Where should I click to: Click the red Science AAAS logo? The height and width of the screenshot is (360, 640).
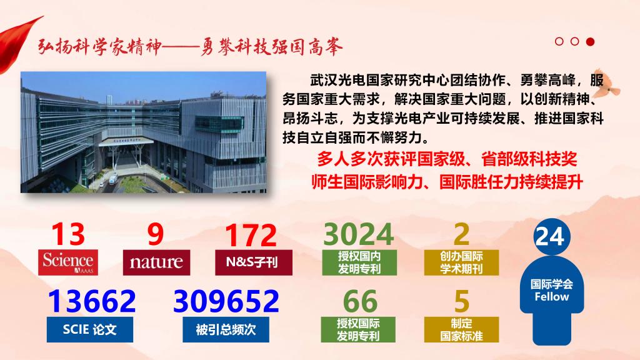coord(68,262)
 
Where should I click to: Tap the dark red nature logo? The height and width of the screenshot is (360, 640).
coord(156,262)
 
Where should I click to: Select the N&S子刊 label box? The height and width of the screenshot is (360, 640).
coord(254,262)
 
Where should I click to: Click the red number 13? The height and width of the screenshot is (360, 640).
coord(68,234)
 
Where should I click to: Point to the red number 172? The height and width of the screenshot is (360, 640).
coord(251,235)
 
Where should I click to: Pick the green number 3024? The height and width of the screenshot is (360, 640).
coord(358,234)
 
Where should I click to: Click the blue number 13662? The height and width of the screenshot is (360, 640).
coord(92,301)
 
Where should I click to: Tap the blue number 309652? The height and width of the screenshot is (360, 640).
coord(226,301)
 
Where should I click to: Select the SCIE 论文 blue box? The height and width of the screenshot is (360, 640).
coord(90,329)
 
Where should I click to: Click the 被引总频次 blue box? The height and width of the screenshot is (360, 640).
coord(226,329)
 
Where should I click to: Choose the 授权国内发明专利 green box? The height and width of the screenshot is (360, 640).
coord(359,262)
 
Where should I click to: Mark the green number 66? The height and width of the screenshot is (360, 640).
coord(360,302)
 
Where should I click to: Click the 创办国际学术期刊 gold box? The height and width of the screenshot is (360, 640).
coord(461,262)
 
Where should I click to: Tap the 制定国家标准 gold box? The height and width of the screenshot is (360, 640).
coord(461,329)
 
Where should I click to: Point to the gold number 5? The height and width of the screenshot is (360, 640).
coord(462,302)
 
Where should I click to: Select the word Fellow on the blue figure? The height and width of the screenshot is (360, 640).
coord(551,297)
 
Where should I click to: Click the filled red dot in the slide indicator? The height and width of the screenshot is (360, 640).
coord(590,42)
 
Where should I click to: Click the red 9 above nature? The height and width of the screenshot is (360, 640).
coord(156,234)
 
